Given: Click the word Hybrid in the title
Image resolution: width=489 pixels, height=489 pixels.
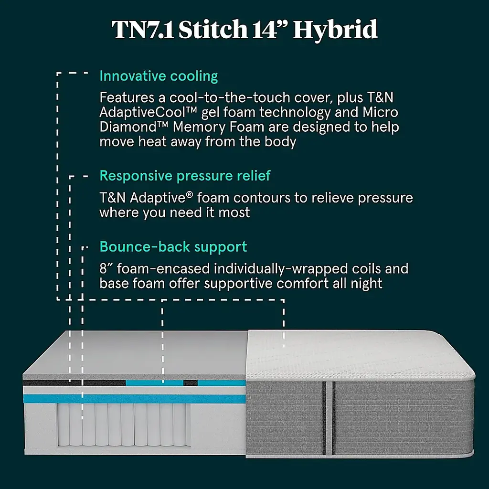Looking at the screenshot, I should click(x=335, y=30).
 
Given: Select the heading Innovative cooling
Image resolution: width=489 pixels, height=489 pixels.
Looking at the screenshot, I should click(x=159, y=76).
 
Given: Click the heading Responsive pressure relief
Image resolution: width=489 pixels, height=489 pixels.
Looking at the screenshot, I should click(x=185, y=176).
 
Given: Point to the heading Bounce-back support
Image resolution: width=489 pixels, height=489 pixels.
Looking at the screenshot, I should click(x=173, y=247).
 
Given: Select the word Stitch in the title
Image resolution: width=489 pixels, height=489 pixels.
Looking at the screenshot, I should click(x=218, y=30).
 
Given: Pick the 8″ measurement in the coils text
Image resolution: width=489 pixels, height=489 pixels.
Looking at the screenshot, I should click(x=106, y=268).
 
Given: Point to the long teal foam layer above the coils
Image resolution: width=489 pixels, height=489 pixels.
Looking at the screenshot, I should click(x=134, y=399).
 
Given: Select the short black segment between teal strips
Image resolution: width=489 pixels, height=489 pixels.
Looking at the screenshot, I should click(x=191, y=383).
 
